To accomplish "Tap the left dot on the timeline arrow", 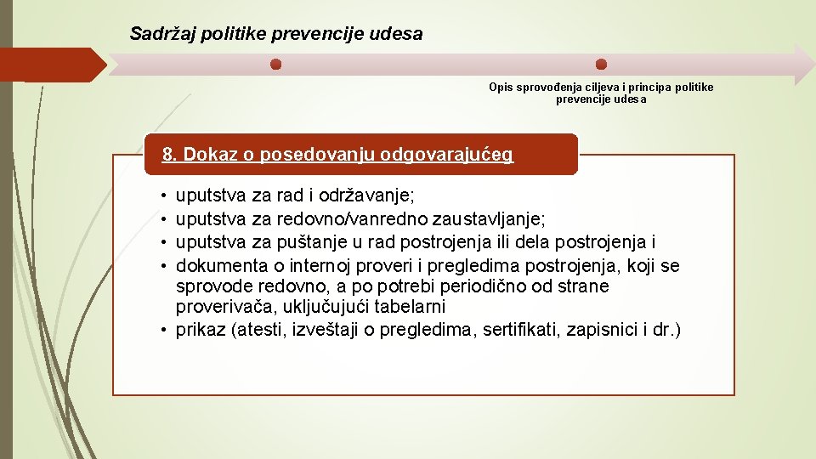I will [275, 65].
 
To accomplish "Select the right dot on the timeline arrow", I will [601, 65].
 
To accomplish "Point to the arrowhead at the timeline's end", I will [802, 65].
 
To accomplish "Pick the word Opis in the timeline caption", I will [501, 88].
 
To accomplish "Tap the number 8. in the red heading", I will [170, 155].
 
